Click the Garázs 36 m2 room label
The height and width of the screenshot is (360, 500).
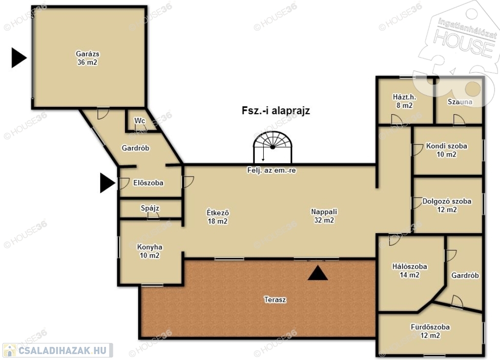pyautogui.click(x=87, y=58)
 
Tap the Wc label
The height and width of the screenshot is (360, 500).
pyautogui.click(x=140, y=121)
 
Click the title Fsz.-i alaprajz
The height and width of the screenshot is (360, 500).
pyautogui.click(x=276, y=111)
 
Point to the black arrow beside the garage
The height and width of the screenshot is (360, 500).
pyautogui.click(x=19, y=58)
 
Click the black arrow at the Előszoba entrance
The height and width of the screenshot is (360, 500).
pyautogui.click(x=107, y=183)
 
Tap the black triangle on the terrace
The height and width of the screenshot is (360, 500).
pyautogui.click(x=317, y=273)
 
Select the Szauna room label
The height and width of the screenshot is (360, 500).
pyautogui.click(x=460, y=101)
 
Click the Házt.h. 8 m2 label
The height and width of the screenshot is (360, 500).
pyautogui.click(x=404, y=101)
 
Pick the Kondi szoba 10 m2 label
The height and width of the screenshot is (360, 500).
pyautogui.click(x=446, y=150)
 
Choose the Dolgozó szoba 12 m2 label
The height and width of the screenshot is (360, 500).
pyautogui.click(x=447, y=205)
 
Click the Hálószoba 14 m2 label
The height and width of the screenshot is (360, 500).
pyautogui.click(x=410, y=270)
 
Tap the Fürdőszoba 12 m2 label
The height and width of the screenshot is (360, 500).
pyautogui.click(x=430, y=331)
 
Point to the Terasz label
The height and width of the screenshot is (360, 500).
pyautogui.click(x=275, y=300)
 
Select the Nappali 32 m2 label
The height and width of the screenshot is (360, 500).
pyautogui.click(x=324, y=216)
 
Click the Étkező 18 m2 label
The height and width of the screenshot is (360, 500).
pyautogui.click(x=218, y=217)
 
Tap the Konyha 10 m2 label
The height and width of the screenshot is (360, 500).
pyautogui.click(x=149, y=251)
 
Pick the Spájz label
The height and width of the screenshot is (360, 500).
pyautogui.click(x=150, y=208)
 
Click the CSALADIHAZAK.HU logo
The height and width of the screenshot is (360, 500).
pyautogui.click(x=58, y=350)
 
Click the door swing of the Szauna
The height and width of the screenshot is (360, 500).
pyautogui.click(x=459, y=120)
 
